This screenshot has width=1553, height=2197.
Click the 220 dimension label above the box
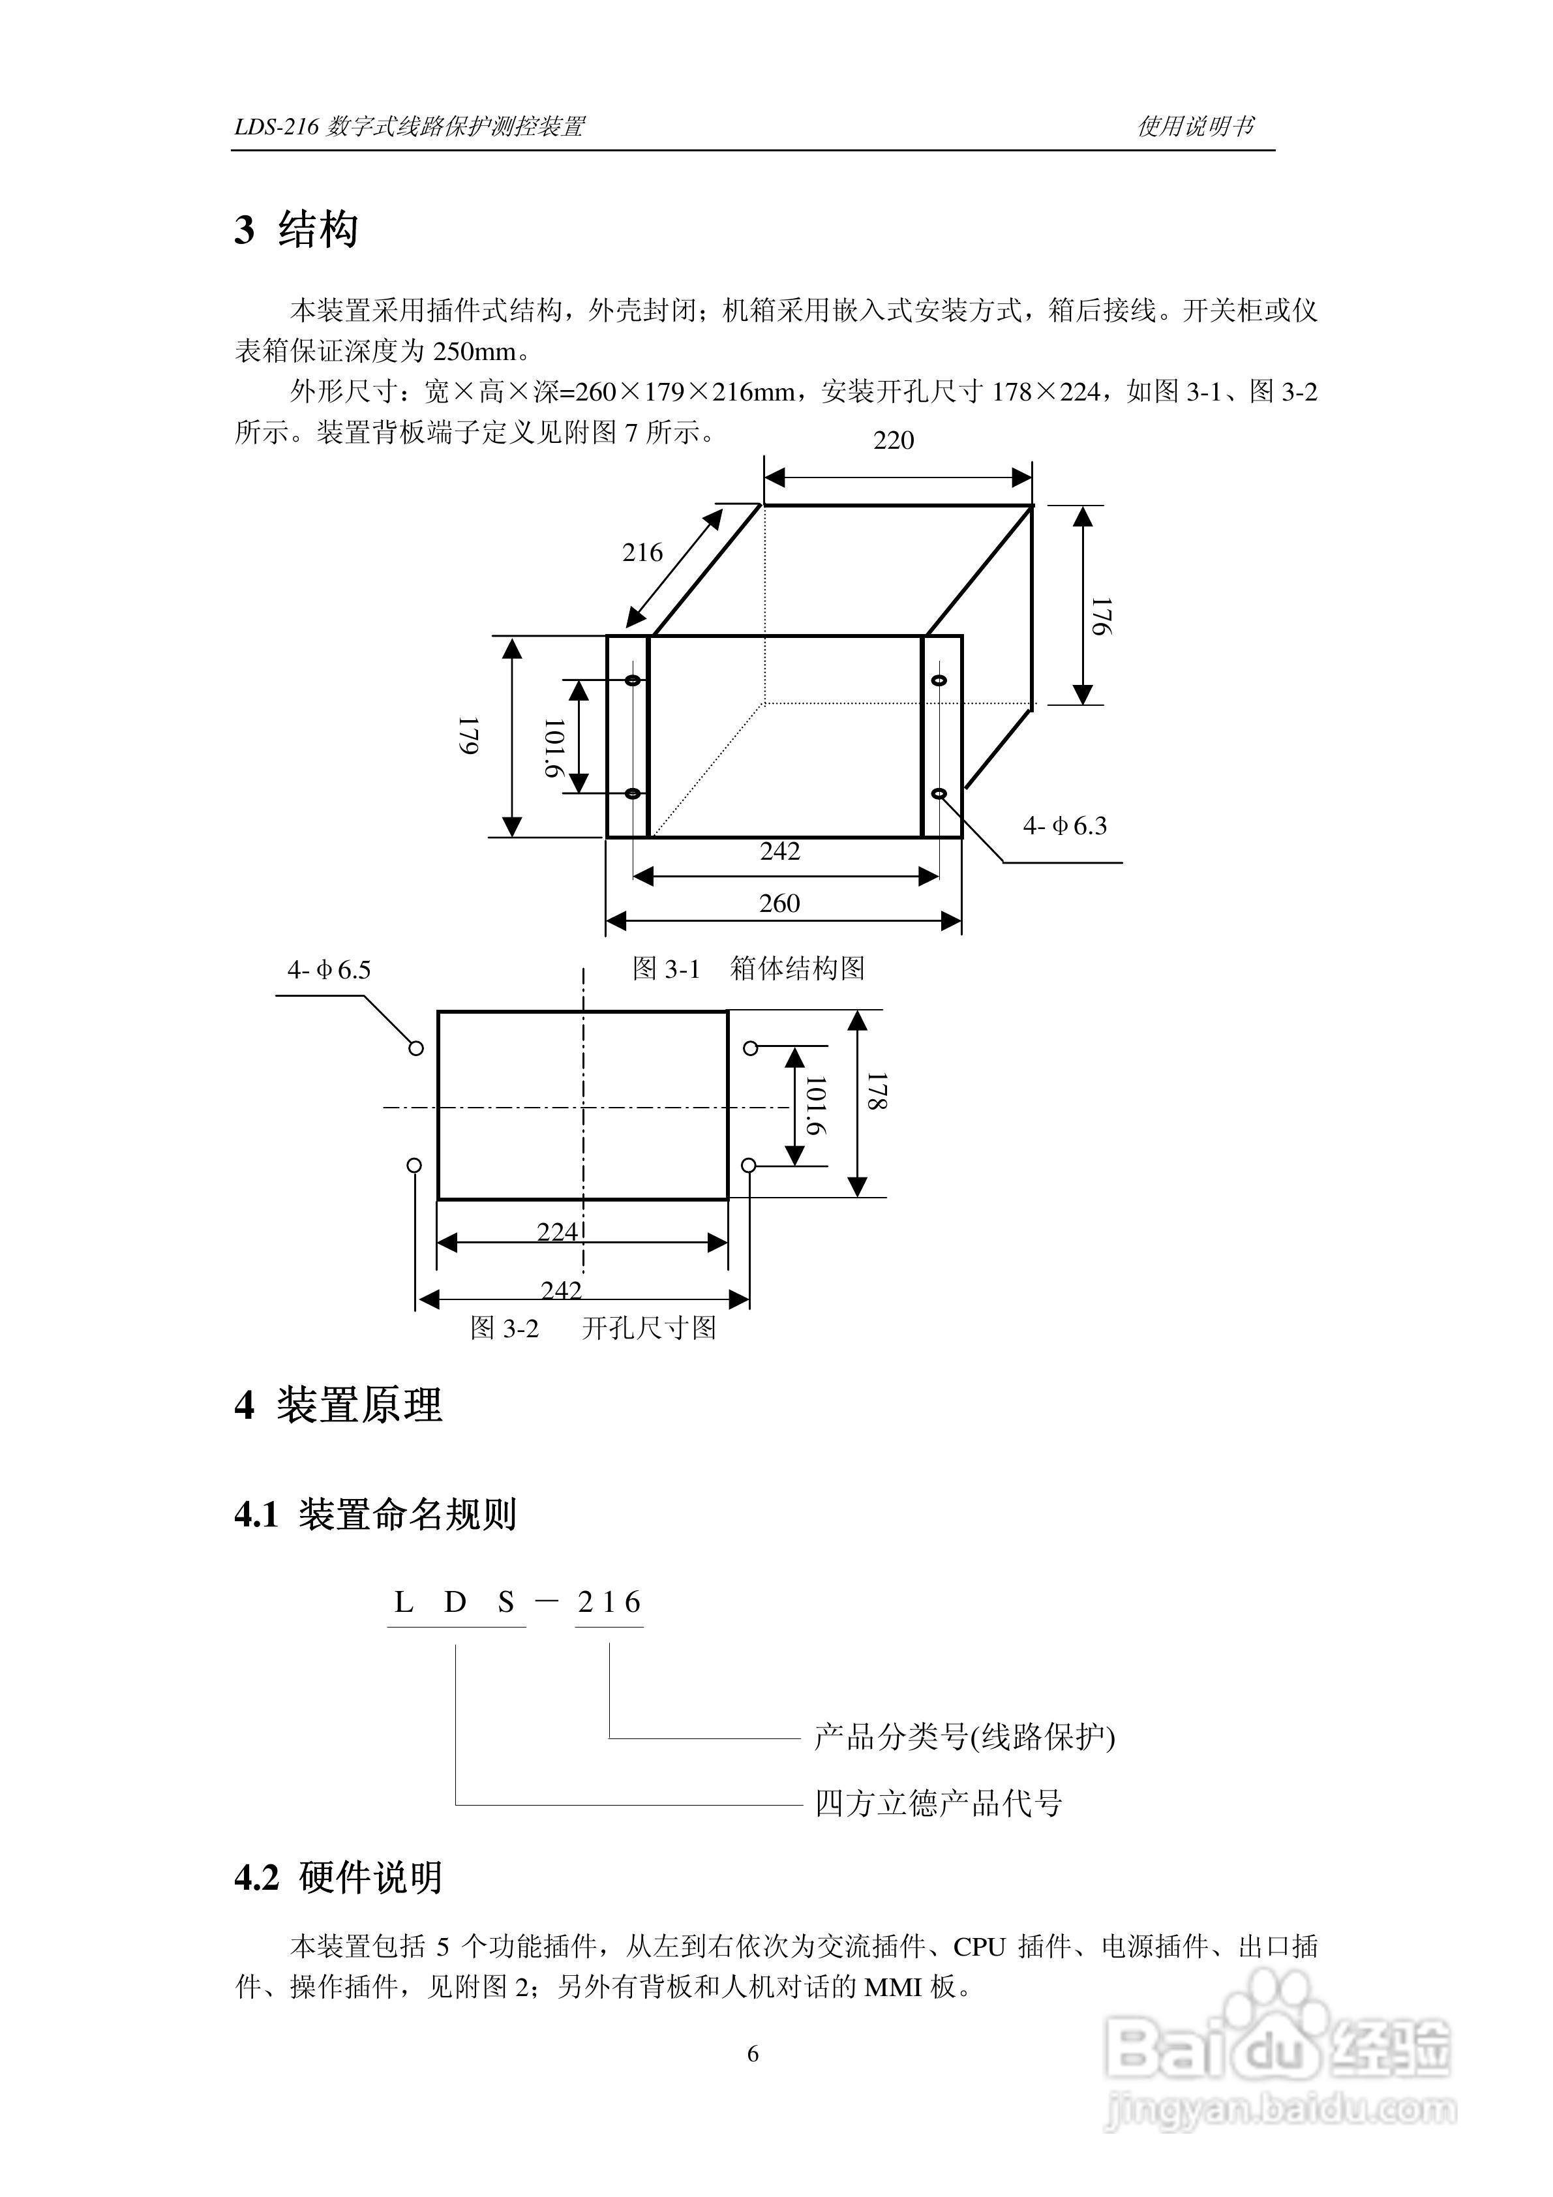tap(893, 440)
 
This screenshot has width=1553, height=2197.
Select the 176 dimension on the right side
tap(1102, 616)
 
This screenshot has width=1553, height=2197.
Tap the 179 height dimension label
tap(469, 736)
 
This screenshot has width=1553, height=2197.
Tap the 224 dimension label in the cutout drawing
tap(557, 1232)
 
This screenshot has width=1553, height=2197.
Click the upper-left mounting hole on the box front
tap(633, 680)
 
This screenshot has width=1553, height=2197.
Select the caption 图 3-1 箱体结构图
tap(748, 969)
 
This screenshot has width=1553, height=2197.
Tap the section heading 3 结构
tap(297, 230)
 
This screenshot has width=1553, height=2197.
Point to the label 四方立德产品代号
tap(938, 1804)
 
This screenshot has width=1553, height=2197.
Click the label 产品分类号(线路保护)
tap(963, 1736)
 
